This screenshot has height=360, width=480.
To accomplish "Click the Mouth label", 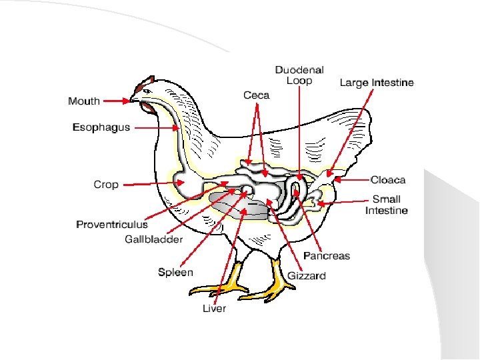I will click(84, 101).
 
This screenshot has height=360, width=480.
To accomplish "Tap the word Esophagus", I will click(101, 127).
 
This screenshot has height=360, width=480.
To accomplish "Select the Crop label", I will click(106, 185).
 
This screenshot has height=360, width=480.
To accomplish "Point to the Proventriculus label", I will click(112, 225).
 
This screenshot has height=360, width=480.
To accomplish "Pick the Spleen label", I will click(175, 272).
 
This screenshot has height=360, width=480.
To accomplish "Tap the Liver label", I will click(215, 308).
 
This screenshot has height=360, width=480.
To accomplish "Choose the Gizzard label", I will click(307, 275).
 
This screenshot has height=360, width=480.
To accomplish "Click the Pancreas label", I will click(327, 256).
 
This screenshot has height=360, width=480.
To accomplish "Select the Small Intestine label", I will click(386, 205).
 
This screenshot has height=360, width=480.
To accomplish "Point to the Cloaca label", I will click(388, 180).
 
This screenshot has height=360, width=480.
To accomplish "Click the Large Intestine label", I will click(377, 83).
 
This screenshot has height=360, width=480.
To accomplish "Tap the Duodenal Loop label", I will click(299, 75).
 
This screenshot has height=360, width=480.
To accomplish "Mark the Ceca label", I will click(256, 95).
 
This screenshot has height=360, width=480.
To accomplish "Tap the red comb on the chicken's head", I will click(141, 86).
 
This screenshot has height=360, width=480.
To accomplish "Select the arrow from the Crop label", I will click(153, 183).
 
